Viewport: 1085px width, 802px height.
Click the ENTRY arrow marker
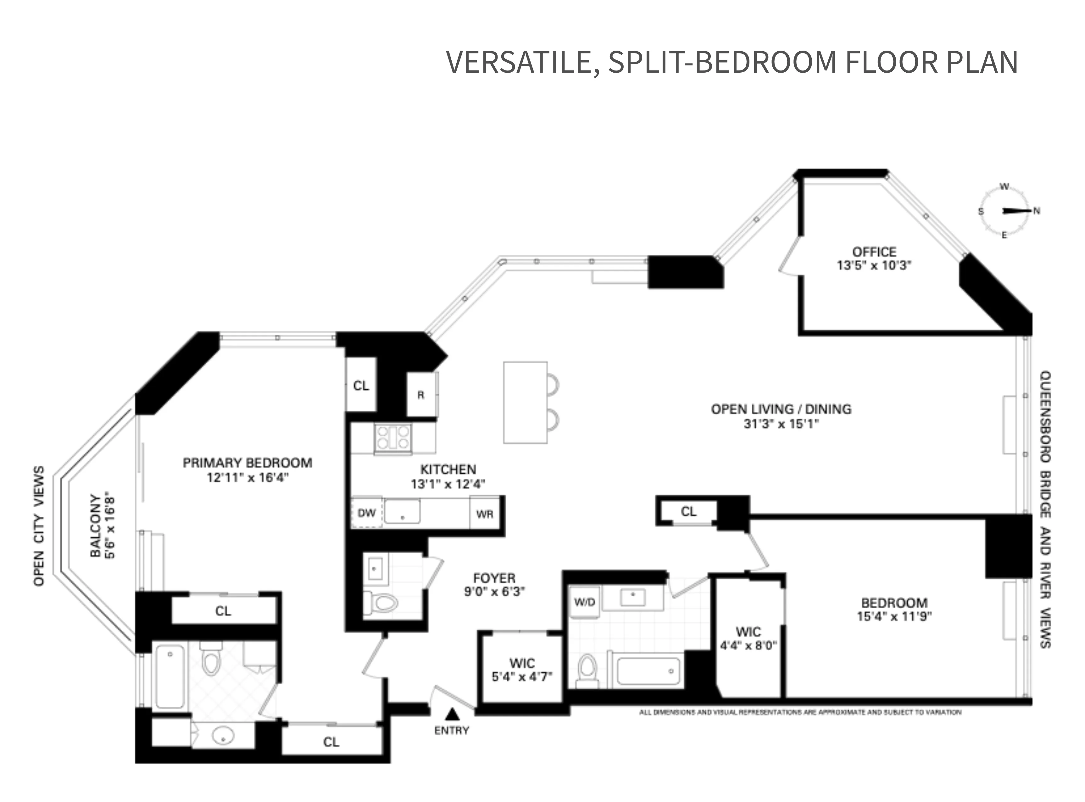pos(452,714)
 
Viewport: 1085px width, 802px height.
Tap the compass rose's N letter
pos(1037,211)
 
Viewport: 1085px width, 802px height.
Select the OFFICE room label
pos(874,252)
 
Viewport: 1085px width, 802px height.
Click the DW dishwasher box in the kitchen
pos(366,513)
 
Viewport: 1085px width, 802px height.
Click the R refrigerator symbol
pos(421,395)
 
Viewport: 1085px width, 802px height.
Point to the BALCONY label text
pos(95,526)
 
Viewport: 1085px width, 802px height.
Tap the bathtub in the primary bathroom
pos(170,676)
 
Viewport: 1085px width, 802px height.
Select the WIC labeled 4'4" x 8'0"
pos(748,638)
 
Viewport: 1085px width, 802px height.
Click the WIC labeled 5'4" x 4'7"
pos(522,670)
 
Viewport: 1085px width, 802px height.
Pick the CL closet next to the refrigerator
pos(361,386)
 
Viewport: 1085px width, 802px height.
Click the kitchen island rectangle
pos(525,402)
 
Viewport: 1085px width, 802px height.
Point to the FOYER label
pos(494,578)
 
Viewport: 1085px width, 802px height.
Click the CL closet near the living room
pos(688,511)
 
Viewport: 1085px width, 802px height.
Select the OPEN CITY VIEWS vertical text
pos(39,526)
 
